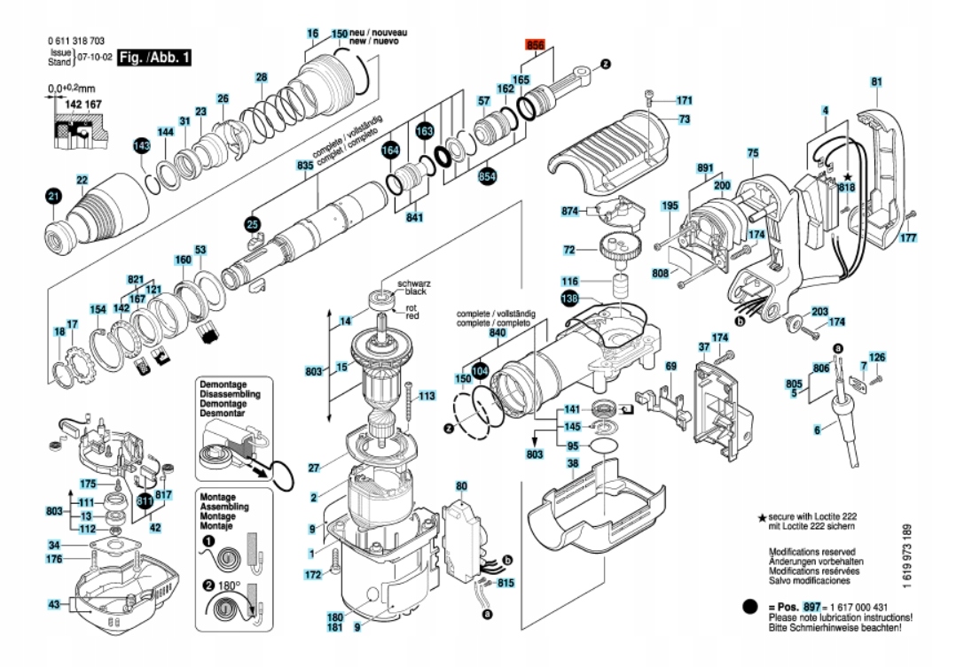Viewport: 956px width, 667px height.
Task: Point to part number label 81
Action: click(876, 82)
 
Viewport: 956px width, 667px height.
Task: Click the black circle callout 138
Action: click(568, 299)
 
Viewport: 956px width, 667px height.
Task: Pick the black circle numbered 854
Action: click(487, 177)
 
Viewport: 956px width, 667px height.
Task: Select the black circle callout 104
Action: click(480, 370)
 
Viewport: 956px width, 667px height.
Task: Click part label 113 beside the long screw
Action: click(427, 396)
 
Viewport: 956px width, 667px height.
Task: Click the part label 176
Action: click(55, 558)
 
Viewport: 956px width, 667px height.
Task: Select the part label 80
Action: click(461, 485)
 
